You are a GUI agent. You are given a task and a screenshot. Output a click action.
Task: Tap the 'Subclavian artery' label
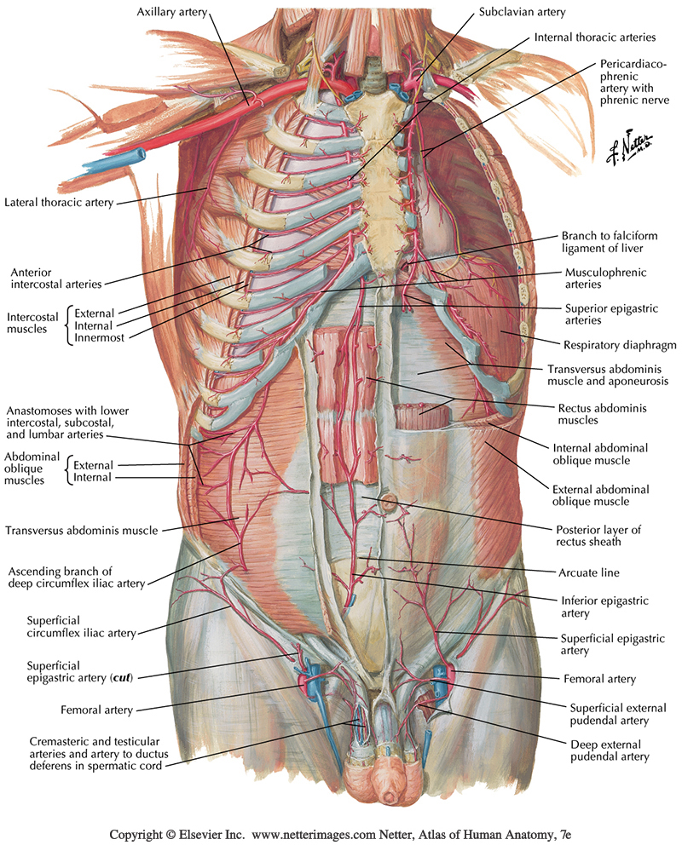(522, 13)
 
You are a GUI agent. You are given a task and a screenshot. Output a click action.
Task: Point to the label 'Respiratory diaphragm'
(607, 346)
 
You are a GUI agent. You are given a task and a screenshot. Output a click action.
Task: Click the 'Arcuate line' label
(596, 572)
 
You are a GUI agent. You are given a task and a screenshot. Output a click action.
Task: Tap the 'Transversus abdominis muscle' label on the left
(81, 531)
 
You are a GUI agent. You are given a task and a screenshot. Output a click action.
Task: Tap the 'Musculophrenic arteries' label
(605, 279)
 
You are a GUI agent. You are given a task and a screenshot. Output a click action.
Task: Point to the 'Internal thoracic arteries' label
(594, 37)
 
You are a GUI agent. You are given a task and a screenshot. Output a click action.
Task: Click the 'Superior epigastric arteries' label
(607, 314)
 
